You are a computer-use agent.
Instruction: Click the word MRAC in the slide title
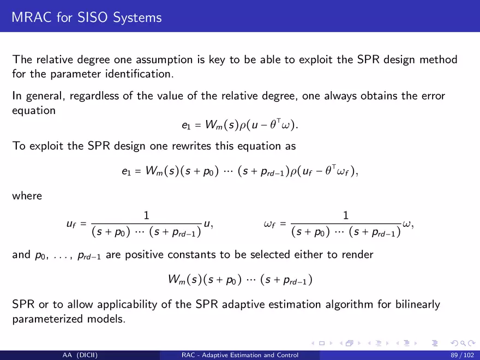pos(32,17)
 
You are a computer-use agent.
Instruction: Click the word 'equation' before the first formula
pos(34,111)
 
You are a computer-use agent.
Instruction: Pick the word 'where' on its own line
pos(27,196)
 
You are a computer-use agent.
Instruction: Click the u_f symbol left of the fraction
pos(71,224)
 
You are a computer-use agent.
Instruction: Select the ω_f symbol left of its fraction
pos(269,224)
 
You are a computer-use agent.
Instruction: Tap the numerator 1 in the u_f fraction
pos(146,215)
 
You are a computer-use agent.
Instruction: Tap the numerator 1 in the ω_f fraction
pos(346,215)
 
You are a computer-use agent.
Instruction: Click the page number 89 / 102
pos(462,356)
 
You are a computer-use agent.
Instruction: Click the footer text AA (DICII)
pos(80,356)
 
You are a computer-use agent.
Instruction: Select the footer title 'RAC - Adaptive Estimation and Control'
pos(240,355)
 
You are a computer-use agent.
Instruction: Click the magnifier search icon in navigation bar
pos(463,344)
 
